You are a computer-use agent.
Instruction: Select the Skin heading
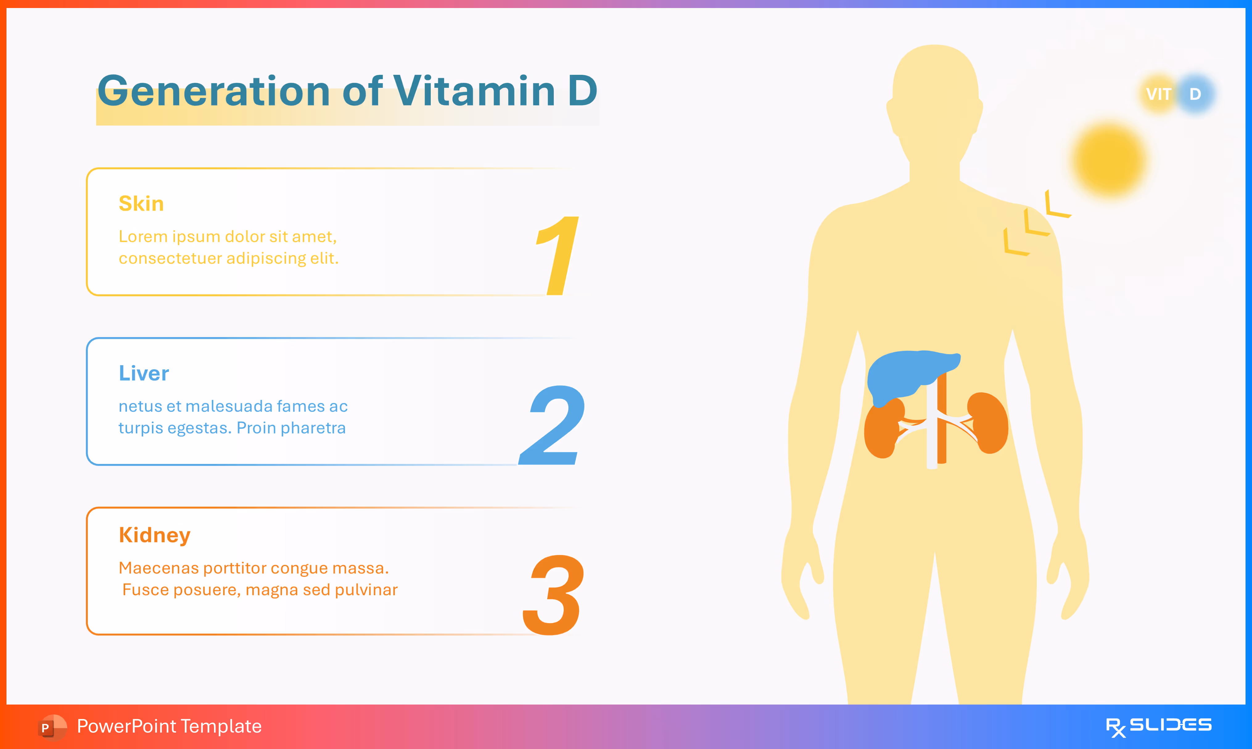[x=141, y=204]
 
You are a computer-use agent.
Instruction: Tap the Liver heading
[x=144, y=374]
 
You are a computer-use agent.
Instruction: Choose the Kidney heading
[x=154, y=535]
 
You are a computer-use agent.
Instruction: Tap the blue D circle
[x=1196, y=94]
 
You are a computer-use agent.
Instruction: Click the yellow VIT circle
[x=1158, y=94]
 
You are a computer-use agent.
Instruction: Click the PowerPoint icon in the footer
[x=51, y=727]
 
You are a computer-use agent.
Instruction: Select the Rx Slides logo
[x=1158, y=726]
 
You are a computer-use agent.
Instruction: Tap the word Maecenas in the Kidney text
[x=159, y=568]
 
